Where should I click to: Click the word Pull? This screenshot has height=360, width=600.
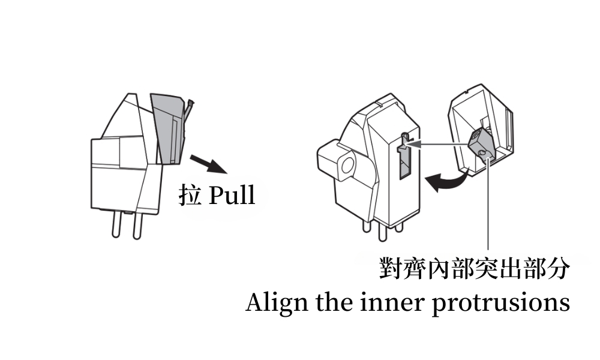pyautogui.click(x=232, y=195)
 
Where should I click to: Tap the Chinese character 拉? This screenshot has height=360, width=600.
pyautogui.click(x=190, y=195)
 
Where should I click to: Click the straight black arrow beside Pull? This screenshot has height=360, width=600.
pyautogui.click(x=209, y=164)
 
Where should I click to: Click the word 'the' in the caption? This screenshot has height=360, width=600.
pyautogui.click(x=334, y=302)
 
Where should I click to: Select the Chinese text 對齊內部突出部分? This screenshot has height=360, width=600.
pyautogui.click(x=475, y=268)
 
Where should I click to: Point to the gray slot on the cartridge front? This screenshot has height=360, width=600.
pyautogui.click(x=405, y=157)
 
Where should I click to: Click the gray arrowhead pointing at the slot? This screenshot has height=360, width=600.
pyautogui.click(x=413, y=144)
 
